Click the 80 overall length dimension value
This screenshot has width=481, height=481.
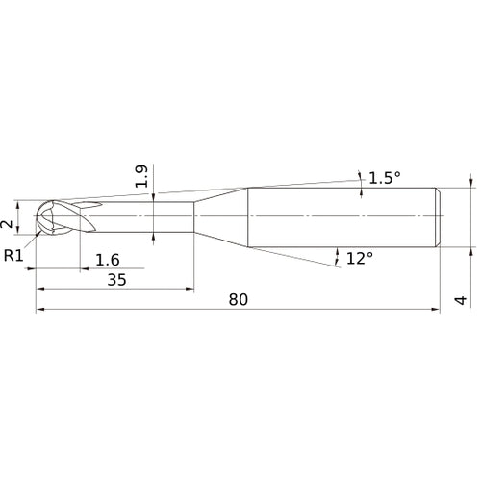[x=239, y=299]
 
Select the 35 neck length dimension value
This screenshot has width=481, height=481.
[x=116, y=280]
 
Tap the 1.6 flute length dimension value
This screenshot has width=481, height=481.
[x=108, y=260]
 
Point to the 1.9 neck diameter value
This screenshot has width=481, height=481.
[x=141, y=176]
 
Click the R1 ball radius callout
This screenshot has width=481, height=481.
[x=13, y=256]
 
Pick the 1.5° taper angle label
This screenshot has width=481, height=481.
[x=385, y=178]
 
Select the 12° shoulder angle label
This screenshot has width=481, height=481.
[x=360, y=258]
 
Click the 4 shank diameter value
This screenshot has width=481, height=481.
[x=461, y=300]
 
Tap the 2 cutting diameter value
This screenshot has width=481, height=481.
[x=7, y=224]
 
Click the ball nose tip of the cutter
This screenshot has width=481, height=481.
[x=37, y=216]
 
